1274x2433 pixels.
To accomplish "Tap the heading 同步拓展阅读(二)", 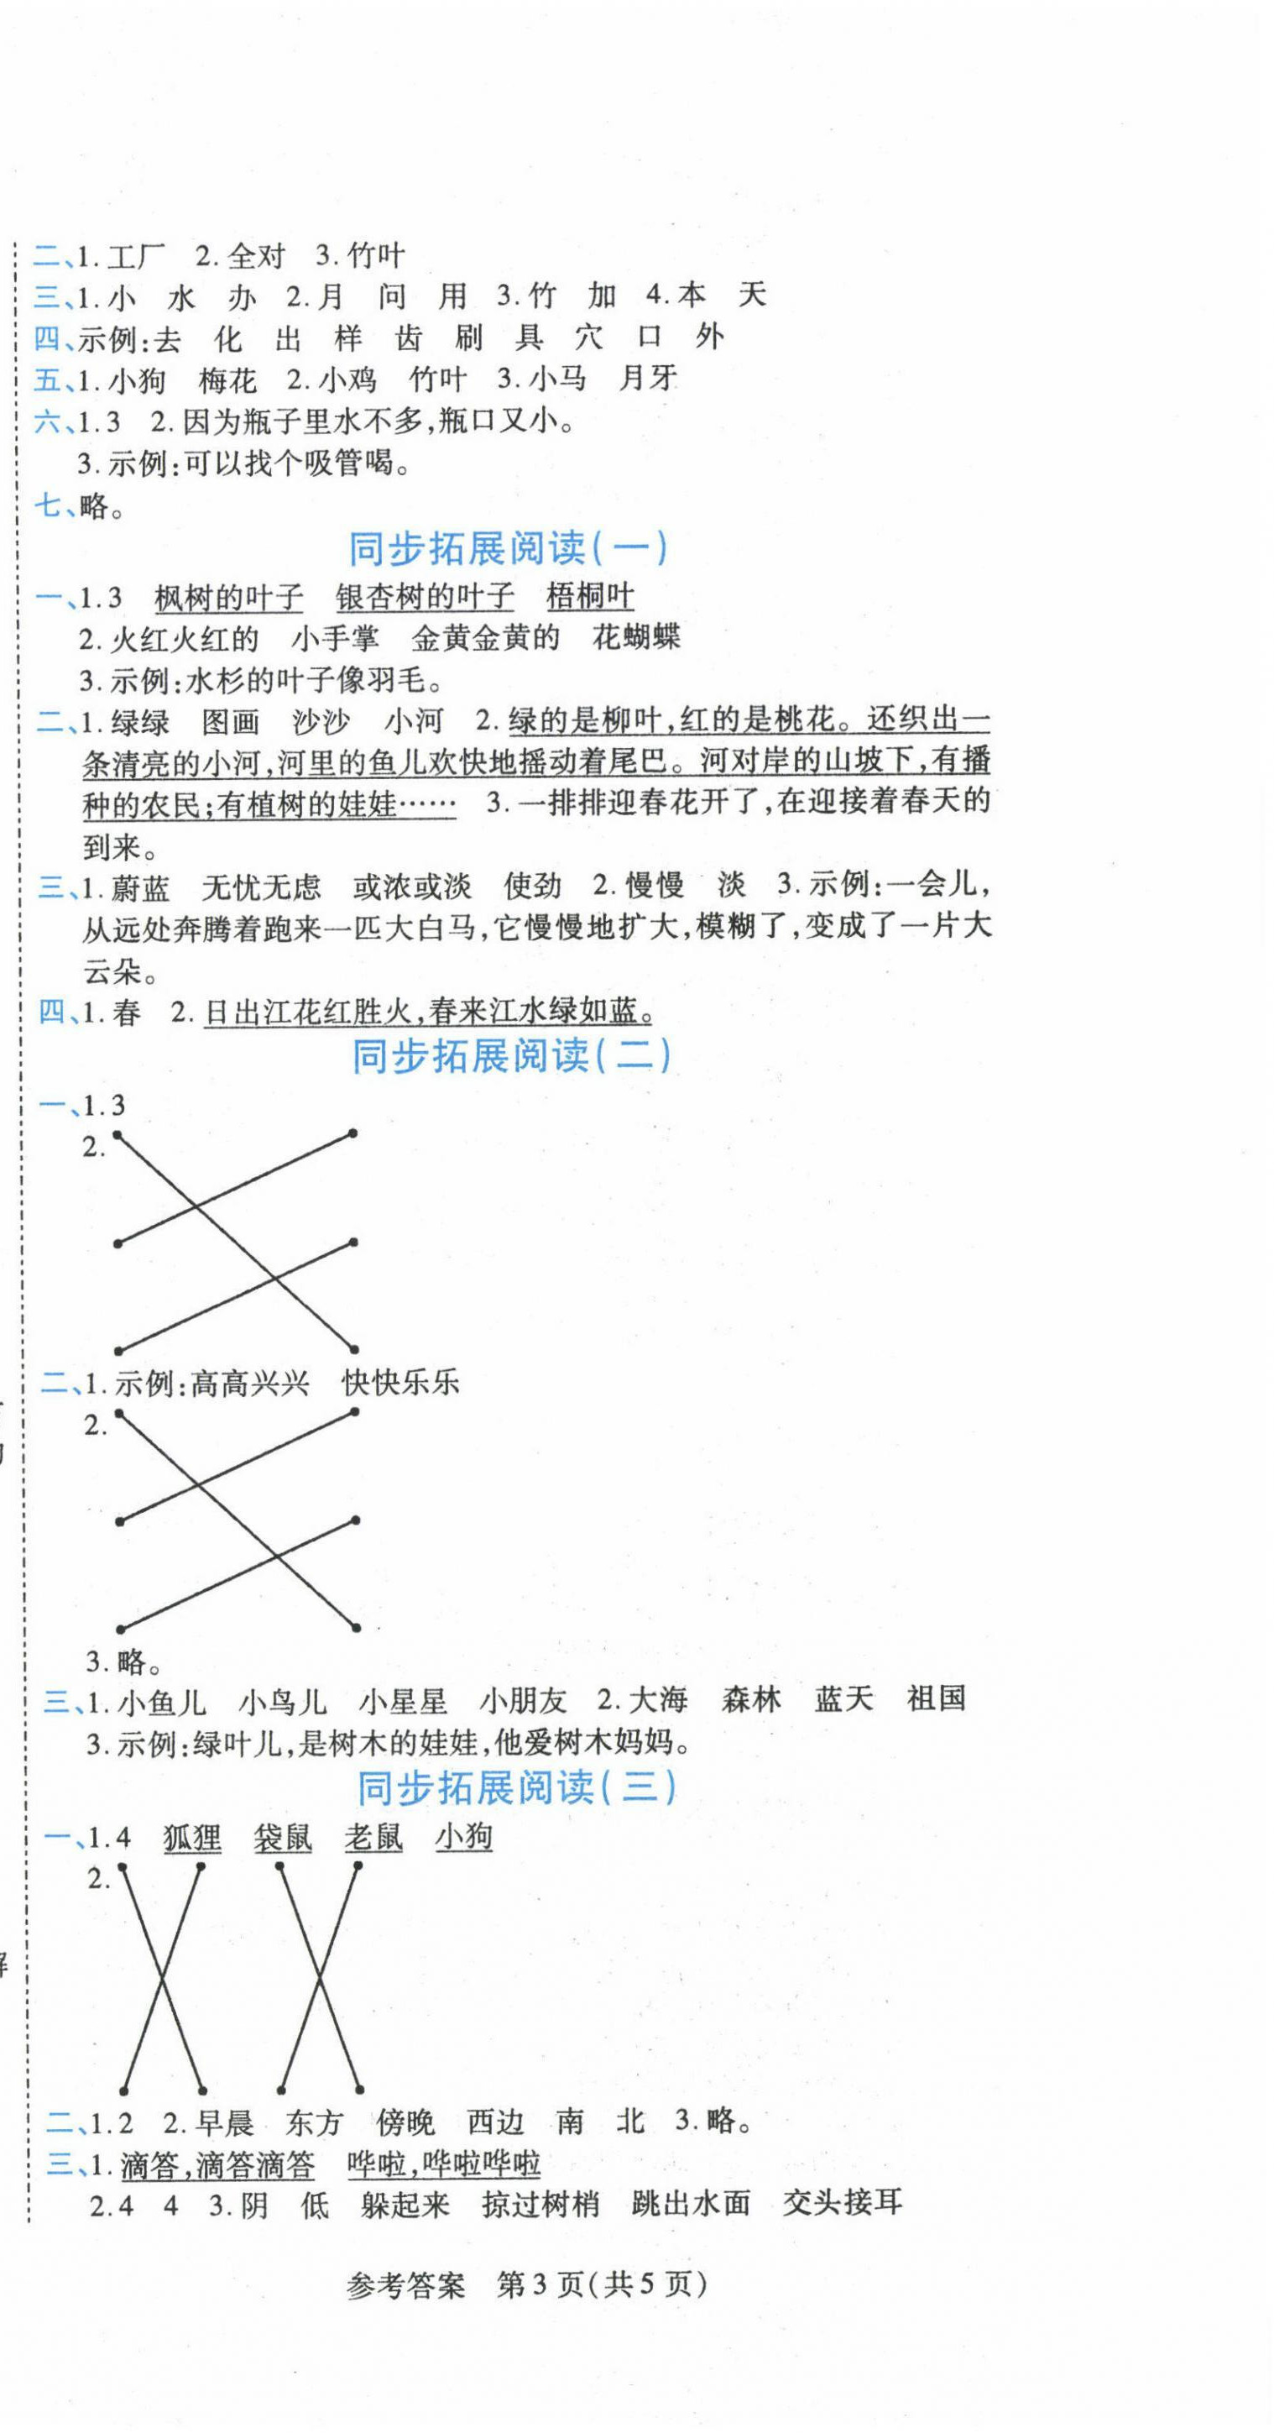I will click(511, 1055).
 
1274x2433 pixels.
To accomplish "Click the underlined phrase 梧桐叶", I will click(590, 597).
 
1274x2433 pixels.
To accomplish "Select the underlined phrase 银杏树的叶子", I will click(425, 597).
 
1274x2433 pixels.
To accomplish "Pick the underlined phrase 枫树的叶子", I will click(228, 597).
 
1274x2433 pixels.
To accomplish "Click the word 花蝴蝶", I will click(635, 637).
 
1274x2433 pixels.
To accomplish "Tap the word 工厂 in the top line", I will click(135, 255).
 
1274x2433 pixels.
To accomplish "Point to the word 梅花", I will click(227, 379).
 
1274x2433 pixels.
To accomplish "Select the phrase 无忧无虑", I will click(262, 887).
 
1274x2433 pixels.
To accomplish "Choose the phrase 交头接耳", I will click(843, 2204).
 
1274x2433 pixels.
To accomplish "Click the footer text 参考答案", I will click(406, 2285).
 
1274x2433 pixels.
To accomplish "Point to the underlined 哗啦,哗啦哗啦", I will click(444, 2163).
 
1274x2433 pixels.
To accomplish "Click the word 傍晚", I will click(405, 2122).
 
